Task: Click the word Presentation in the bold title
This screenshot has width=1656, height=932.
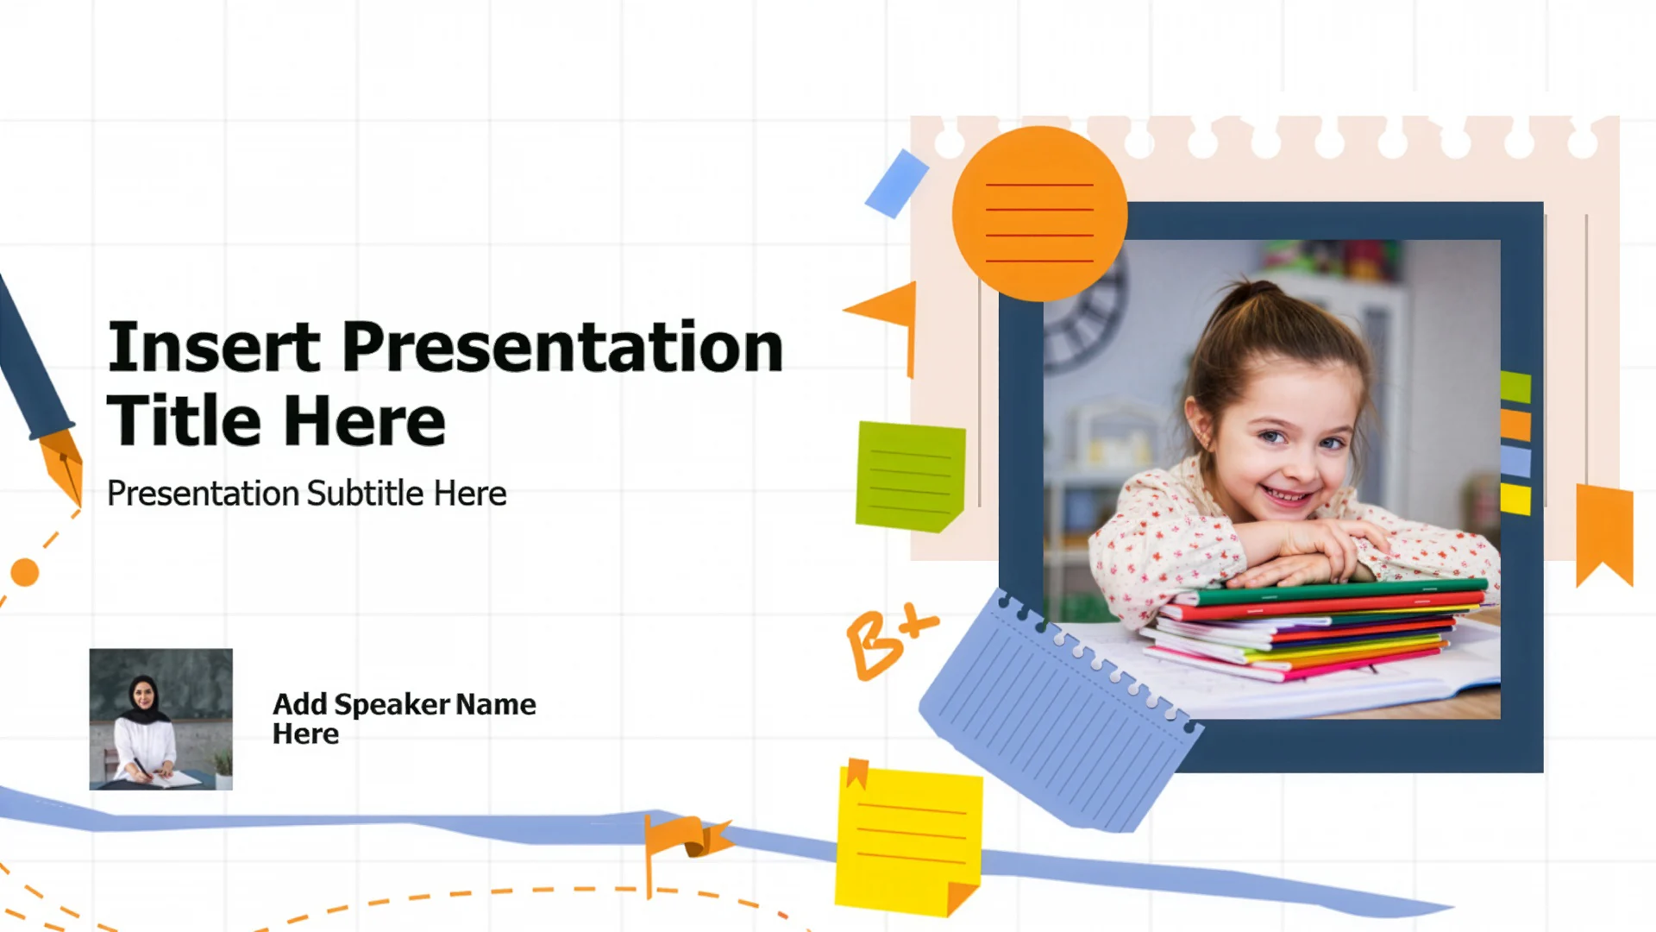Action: point(562,347)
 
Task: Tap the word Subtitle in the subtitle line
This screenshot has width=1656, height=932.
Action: point(366,494)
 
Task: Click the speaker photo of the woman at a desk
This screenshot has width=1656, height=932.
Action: point(161,719)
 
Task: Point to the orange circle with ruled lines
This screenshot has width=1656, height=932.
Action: point(1039,213)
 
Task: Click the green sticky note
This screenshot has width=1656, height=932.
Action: point(910,476)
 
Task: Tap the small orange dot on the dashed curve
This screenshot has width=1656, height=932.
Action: point(25,572)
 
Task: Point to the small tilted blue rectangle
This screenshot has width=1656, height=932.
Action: point(897,184)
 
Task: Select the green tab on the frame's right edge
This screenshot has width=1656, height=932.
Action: point(1515,387)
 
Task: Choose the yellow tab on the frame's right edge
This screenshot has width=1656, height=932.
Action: point(1515,500)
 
